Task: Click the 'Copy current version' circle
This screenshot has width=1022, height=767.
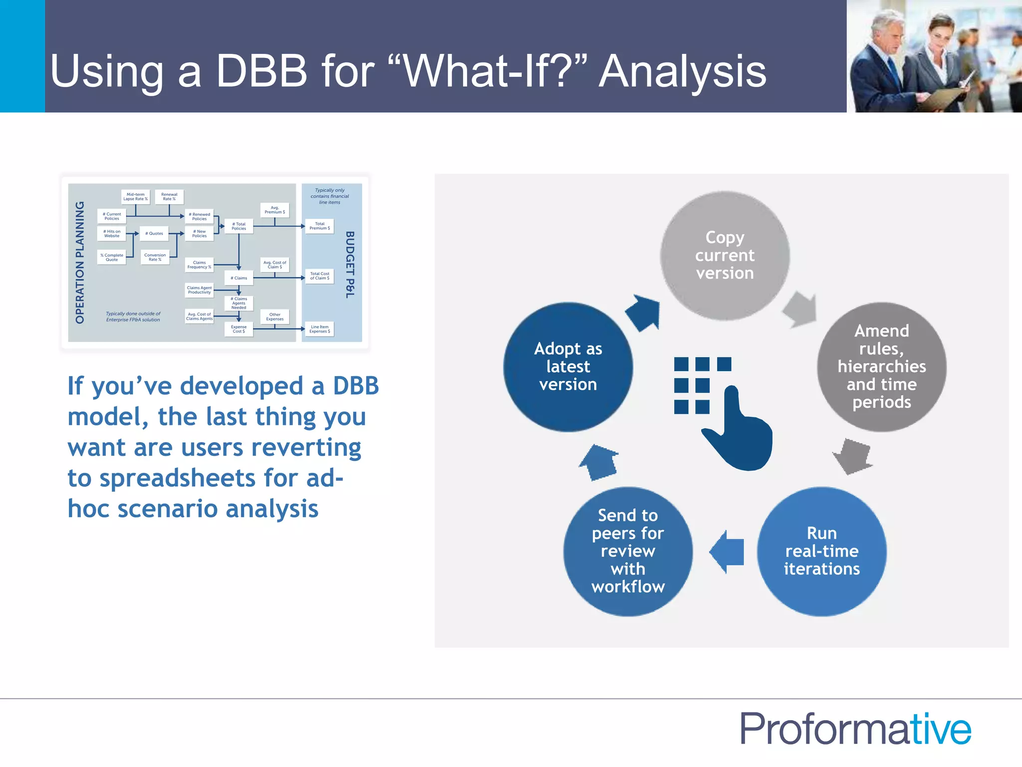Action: [725, 255]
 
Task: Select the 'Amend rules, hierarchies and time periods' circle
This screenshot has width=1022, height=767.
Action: [881, 367]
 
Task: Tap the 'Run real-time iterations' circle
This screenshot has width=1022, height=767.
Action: [821, 551]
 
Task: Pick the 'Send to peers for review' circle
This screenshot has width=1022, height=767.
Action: [628, 551]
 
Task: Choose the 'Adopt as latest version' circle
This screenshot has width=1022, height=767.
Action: [568, 367]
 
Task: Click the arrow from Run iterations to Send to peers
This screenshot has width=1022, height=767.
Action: [727, 552]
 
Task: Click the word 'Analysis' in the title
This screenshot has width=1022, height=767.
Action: [682, 71]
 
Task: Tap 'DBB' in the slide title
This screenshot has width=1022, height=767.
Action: [261, 71]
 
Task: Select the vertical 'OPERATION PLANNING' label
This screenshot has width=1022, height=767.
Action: [80, 262]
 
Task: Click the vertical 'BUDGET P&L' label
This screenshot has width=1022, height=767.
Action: [350, 265]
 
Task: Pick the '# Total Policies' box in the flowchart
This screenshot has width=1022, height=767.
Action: [239, 226]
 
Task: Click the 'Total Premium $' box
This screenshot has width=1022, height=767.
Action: [319, 226]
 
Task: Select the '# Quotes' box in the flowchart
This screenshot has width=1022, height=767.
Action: [154, 233]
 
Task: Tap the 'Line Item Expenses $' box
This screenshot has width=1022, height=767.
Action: [319, 329]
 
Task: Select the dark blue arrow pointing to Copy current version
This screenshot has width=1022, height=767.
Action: [644, 313]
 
